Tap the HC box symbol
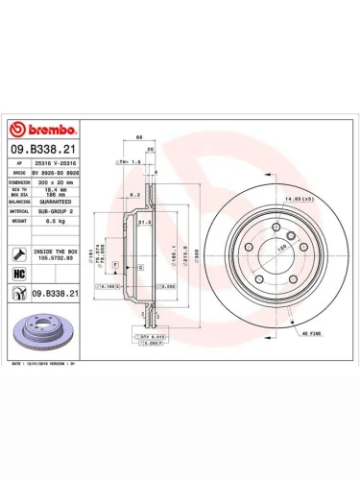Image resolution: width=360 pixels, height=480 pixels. coord(18,274)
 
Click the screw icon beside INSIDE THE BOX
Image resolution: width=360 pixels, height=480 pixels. coord(19,253)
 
